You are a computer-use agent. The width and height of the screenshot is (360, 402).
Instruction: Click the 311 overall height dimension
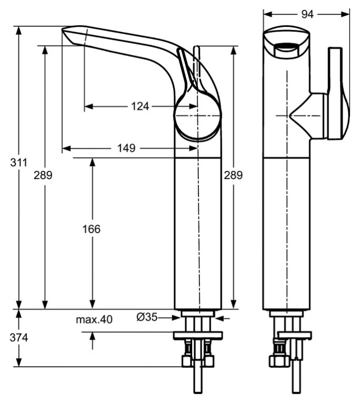tap(18, 162)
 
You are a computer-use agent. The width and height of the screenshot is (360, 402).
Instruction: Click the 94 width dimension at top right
tap(307, 14)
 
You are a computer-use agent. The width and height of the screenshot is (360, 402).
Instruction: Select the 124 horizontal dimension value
tap(140, 106)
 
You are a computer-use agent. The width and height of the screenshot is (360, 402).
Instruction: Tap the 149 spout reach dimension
tap(126, 148)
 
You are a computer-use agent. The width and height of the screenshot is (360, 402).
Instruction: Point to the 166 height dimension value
tap(91, 229)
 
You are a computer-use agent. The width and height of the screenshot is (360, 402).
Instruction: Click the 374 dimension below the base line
tap(18, 338)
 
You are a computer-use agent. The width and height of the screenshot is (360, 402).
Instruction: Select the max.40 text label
tap(94, 320)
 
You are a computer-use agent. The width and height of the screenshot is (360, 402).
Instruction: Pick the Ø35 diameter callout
tap(147, 318)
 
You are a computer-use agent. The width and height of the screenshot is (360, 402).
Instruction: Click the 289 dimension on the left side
tap(43, 175)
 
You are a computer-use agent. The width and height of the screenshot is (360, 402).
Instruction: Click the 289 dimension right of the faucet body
tap(233, 175)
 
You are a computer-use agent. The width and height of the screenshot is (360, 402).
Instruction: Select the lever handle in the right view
tap(338, 93)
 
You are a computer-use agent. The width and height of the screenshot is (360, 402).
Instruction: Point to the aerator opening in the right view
tap(286, 50)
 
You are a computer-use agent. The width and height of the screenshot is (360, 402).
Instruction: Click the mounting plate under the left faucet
tap(198, 336)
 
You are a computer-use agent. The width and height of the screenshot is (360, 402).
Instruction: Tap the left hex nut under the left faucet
tap(187, 361)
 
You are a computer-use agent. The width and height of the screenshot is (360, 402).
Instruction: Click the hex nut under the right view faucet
tap(279, 361)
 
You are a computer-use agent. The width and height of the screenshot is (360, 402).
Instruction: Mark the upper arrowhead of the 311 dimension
tap(18, 31)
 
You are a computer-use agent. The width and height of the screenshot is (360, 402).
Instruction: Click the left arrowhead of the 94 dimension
tap(268, 14)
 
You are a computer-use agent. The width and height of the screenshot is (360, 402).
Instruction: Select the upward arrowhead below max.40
tap(92, 336)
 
